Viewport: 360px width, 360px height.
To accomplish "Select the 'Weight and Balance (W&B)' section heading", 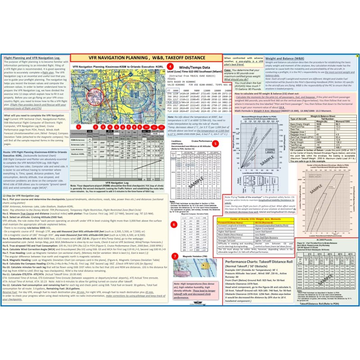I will (283, 58).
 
